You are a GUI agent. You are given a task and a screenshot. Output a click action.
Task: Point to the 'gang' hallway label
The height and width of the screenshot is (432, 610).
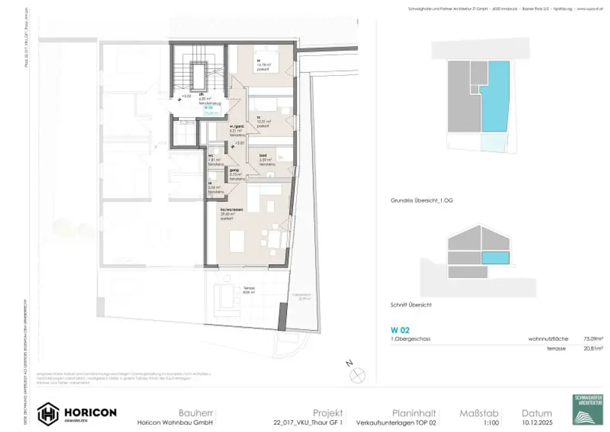(x=234, y=169)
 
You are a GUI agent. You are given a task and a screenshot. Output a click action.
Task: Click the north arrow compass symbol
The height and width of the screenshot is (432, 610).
(x=358, y=374)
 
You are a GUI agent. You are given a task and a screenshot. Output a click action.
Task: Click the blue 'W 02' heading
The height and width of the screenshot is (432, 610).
(x=400, y=329)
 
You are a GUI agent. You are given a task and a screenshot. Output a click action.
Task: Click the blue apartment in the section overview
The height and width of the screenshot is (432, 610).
(x=495, y=258)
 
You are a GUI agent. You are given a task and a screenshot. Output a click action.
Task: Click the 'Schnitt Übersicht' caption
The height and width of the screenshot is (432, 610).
(x=411, y=305)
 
